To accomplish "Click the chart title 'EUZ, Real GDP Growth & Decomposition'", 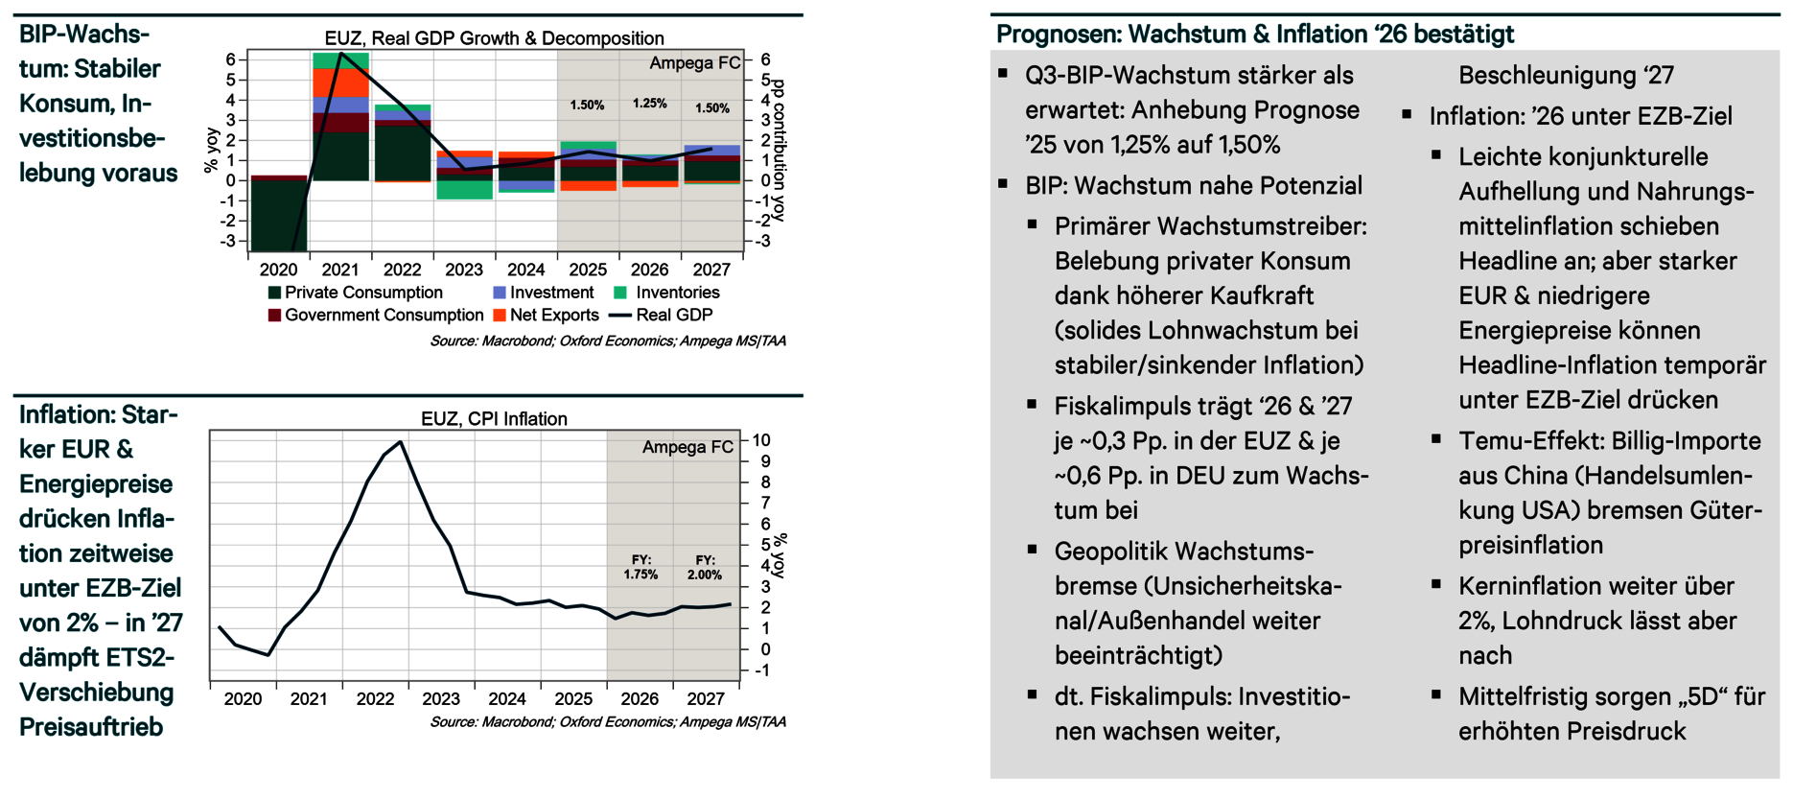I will pyautogui.click(x=494, y=38).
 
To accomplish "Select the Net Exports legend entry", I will pyautogui.click(x=553, y=315).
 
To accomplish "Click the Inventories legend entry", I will pyautogui.click(x=677, y=293).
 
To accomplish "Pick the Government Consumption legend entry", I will pyautogui.click(x=384, y=315).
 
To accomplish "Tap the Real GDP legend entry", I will pyautogui.click(x=674, y=315).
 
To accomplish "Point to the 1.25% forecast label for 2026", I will pyautogui.click(x=649, y=104).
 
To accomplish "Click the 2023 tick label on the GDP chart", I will pyautogui.click(x=464, y=270).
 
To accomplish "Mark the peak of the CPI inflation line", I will pyautogui.click(x=400, y=442).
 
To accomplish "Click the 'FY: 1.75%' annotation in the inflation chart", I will pyautogui.click(x=640, y=567).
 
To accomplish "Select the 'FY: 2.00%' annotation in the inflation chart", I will pyautogui.click(x=705, y=567).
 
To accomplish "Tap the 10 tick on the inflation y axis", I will pyautogui.click(x=760, y=440).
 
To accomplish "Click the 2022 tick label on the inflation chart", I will pyautogui.click(x=375, y=699).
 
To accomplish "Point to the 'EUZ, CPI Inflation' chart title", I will pyautogui.click(x=494, y=419).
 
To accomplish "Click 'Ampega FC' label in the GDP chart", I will pyautogui.click(x=694, y=63).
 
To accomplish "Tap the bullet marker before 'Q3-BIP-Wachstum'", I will pyautogui.click(x=1003, y=74).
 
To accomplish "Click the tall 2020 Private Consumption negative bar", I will pyautogui.click(x=278, y=216).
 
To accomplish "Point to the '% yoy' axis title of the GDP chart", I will pyautogui.click(x=212, y=152).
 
